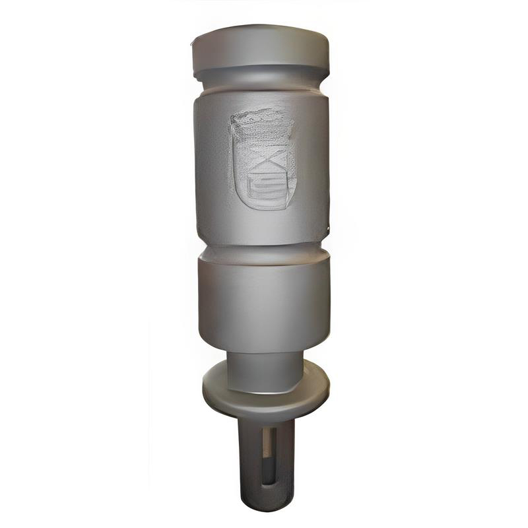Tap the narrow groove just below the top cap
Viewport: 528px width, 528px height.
261,79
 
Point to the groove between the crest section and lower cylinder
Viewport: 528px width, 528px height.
263,251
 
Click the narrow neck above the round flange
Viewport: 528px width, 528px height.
264,370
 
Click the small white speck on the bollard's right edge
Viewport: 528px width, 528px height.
327,228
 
